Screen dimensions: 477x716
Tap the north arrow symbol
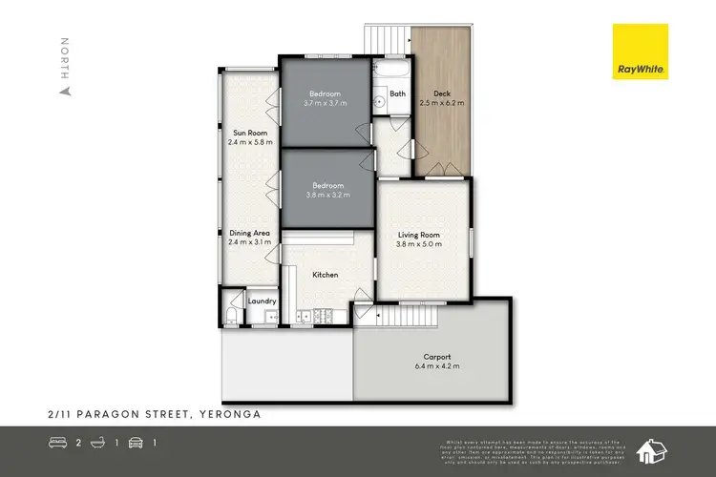coord(65,92)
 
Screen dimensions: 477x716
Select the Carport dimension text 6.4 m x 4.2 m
coord(437,365)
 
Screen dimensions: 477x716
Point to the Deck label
coord(441,93)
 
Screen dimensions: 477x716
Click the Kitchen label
coord(326,275)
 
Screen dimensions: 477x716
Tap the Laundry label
coord(262,301)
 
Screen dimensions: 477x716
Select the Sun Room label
coord(250,133)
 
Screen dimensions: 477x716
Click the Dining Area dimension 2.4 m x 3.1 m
coord(250,242)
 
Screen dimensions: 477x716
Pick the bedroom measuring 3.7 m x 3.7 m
coord(325,97)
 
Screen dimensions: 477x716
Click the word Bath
coord(397,94)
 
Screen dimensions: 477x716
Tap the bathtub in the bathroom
coord(390,73)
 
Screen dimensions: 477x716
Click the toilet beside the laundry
coord(232,316)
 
